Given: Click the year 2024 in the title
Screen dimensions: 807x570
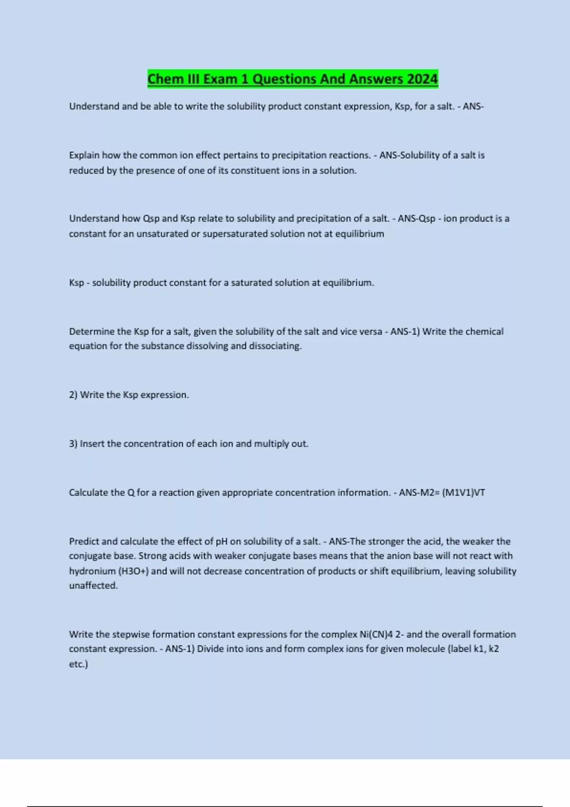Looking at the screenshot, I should (x=422, y=79).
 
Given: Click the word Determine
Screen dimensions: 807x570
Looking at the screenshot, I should (x=92, y=331).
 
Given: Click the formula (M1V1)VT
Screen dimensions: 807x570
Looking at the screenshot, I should (x=463, y=493).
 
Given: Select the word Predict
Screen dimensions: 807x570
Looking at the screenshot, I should (x=84, y=542).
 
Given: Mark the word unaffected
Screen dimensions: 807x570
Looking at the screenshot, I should (x=93, y=586).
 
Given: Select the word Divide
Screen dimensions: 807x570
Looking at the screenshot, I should (x=210, y=649).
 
